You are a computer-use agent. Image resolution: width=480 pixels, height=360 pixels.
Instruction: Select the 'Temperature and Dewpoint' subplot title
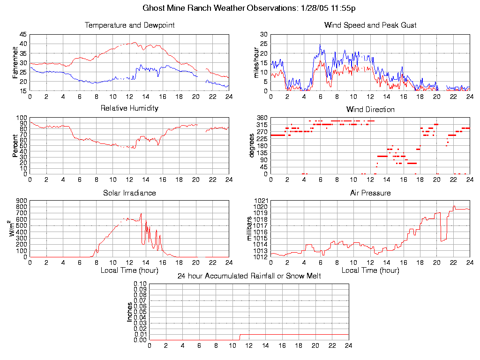point(129,25)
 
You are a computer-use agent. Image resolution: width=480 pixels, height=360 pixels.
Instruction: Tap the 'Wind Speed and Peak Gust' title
point(370,25)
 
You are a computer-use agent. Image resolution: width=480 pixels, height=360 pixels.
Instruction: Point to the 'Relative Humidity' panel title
point(129,108)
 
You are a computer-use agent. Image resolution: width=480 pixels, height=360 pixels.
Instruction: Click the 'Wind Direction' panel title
point(370,109)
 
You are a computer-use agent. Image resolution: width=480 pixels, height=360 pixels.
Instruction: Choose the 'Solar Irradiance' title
point(129,193)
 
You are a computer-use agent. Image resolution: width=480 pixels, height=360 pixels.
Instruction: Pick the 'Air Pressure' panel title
point(370,193)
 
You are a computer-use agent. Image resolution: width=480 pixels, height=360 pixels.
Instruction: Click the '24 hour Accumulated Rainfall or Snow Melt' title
point(249,276)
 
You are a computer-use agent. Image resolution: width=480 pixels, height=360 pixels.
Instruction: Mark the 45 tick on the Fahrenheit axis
point(23,35)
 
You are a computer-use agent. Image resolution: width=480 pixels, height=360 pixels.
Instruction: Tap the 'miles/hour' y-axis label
point(256,63)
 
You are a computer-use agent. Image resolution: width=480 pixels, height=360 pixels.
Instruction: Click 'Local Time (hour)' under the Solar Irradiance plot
point(129,270)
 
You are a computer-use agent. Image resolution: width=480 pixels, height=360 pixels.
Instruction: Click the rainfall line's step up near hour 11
point(240,337)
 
